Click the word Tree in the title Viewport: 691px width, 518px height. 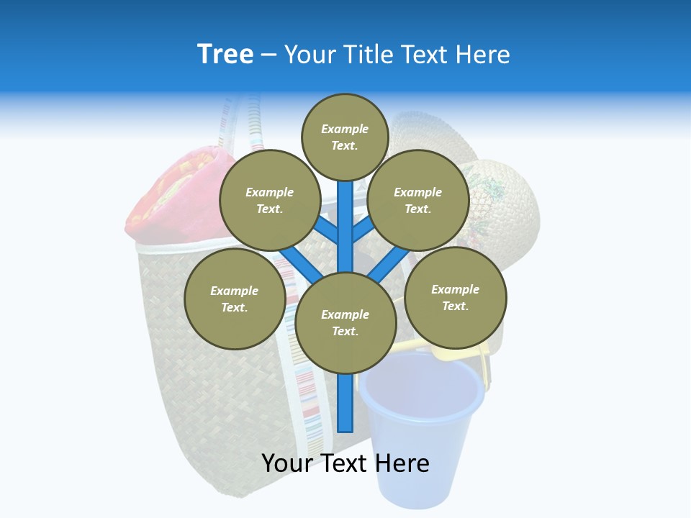[x=225, y=54]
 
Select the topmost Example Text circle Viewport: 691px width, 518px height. [x=345, y=137]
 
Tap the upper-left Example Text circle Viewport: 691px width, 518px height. [x=269, y=200]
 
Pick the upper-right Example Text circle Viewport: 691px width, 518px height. [x=418, y=200]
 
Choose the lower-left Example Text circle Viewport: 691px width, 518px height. [x=235, y=299]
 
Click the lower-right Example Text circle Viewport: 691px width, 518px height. [x=456, y=296]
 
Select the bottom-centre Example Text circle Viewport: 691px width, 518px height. [x=345, y=322]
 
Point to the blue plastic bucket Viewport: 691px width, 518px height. [x=421, y=417]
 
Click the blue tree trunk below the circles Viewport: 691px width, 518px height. [x=345, y=403]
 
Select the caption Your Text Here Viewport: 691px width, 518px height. [x=345, y=463]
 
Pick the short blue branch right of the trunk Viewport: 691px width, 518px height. [x=363, y=230]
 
